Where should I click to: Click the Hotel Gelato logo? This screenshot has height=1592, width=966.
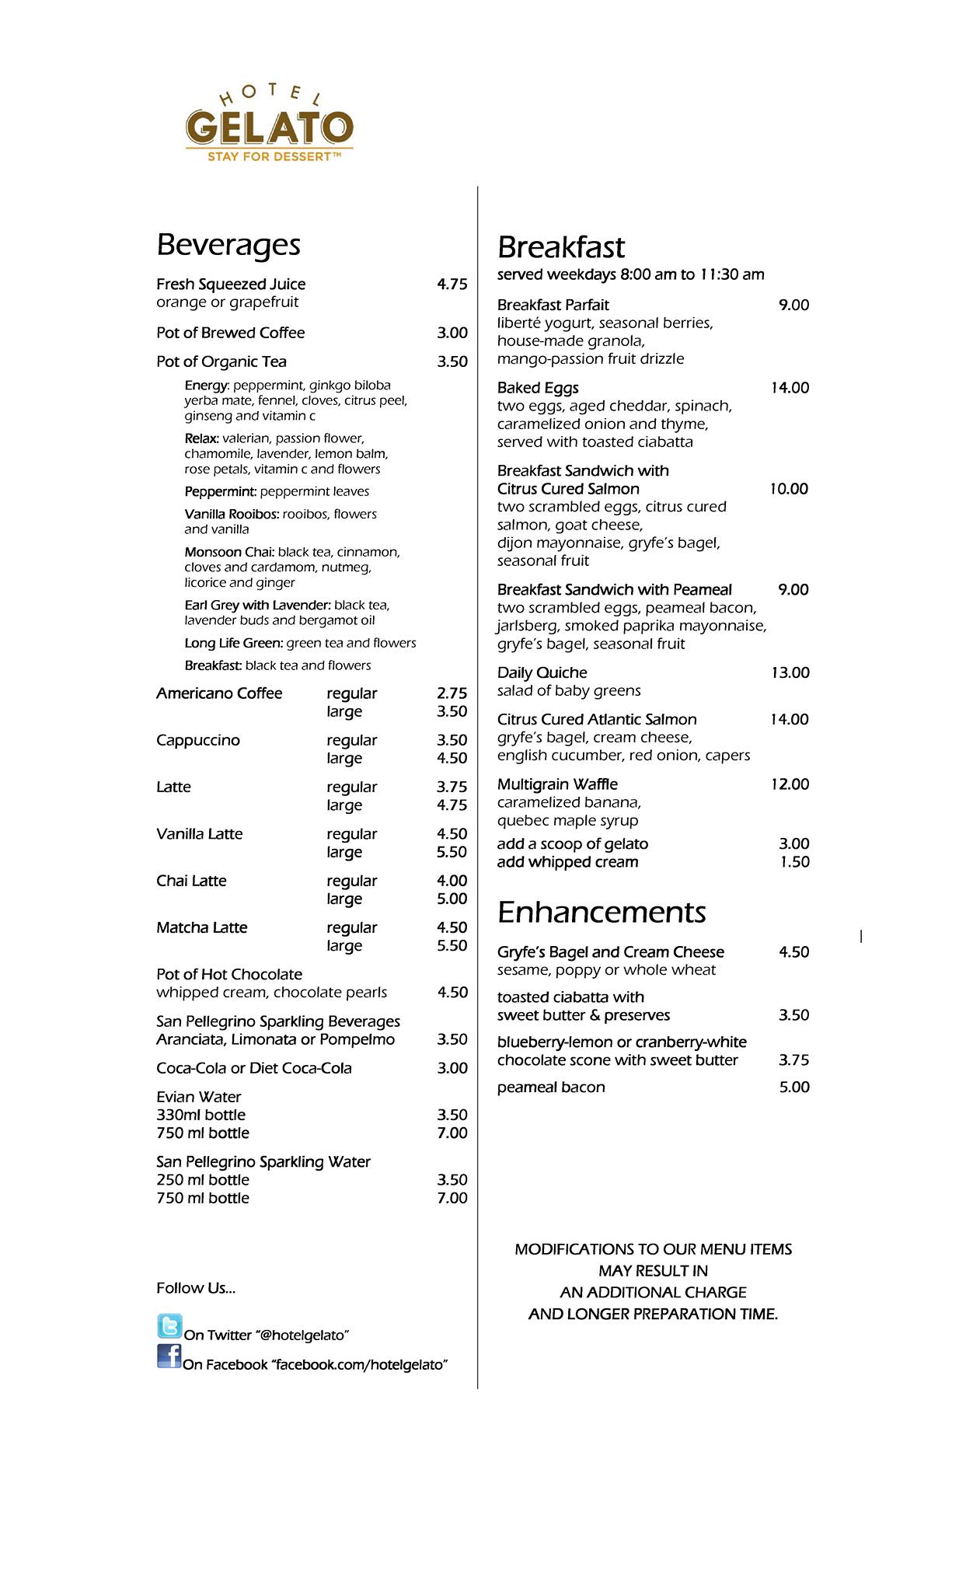coord(269,124)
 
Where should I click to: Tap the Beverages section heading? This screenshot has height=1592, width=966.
coord(228,244)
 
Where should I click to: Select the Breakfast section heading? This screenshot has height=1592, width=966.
coord(560,247)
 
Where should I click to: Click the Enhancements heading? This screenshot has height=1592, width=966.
coord(602,912)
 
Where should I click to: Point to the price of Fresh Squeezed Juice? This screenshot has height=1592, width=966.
coord(452,285)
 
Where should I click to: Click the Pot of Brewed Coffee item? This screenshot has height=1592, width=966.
coord(230,333)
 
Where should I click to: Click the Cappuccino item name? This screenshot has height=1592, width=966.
coord(197,740)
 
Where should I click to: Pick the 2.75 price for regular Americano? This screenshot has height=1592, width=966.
coord(452,693)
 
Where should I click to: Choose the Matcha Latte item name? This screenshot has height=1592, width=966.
coord(201,927)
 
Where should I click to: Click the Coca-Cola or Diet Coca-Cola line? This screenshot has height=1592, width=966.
coord(254,1068)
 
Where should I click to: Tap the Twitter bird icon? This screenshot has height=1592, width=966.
coord(169,1326)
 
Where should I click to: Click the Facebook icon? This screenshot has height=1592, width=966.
coord(169,1356)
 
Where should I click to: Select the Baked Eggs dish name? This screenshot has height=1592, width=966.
coord(538,388)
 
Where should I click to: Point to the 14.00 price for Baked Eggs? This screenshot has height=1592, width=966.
coord(790,388)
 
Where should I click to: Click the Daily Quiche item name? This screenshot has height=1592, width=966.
coord(542,672)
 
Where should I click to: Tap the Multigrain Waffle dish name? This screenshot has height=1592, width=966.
coord(557,784)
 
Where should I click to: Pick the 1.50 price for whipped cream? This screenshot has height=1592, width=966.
coord(794,862)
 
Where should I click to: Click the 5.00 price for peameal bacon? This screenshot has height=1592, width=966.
coord(793,1088)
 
